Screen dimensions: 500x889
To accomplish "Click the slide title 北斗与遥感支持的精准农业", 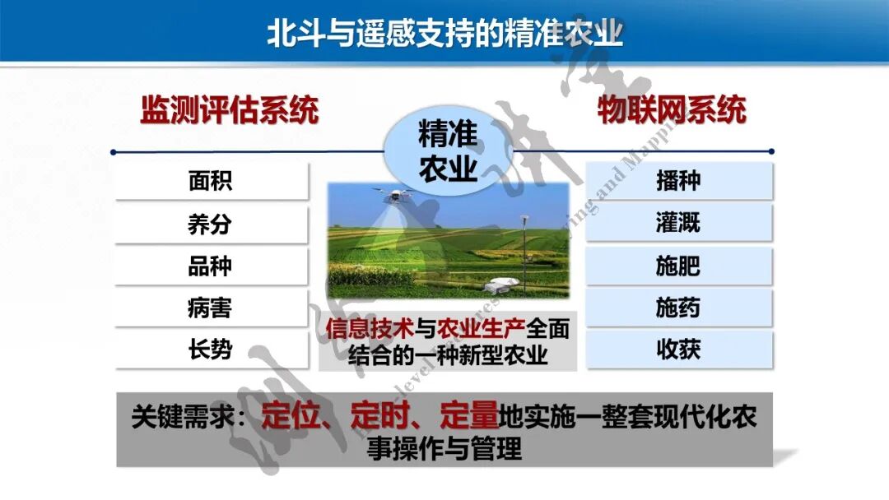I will click(444, 32).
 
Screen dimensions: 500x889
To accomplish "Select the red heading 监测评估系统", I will click(229, 110).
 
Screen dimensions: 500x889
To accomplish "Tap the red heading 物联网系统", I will click(672, 110).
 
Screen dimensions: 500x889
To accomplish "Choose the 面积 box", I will click(211, 181).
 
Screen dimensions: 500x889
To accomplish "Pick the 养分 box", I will click(211, 224).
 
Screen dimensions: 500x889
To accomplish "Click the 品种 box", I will click(211, 266).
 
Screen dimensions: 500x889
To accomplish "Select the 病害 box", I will click(211, 308).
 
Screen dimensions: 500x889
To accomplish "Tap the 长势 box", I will click(211, 350).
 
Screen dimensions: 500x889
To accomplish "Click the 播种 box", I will click(678, 181).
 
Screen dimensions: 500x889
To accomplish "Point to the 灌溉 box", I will click(678, 223).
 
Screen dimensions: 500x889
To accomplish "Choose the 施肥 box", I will click(678, 266).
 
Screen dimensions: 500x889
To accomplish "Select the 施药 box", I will click(678, 308).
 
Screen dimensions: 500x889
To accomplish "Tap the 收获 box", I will click(678, 350).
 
